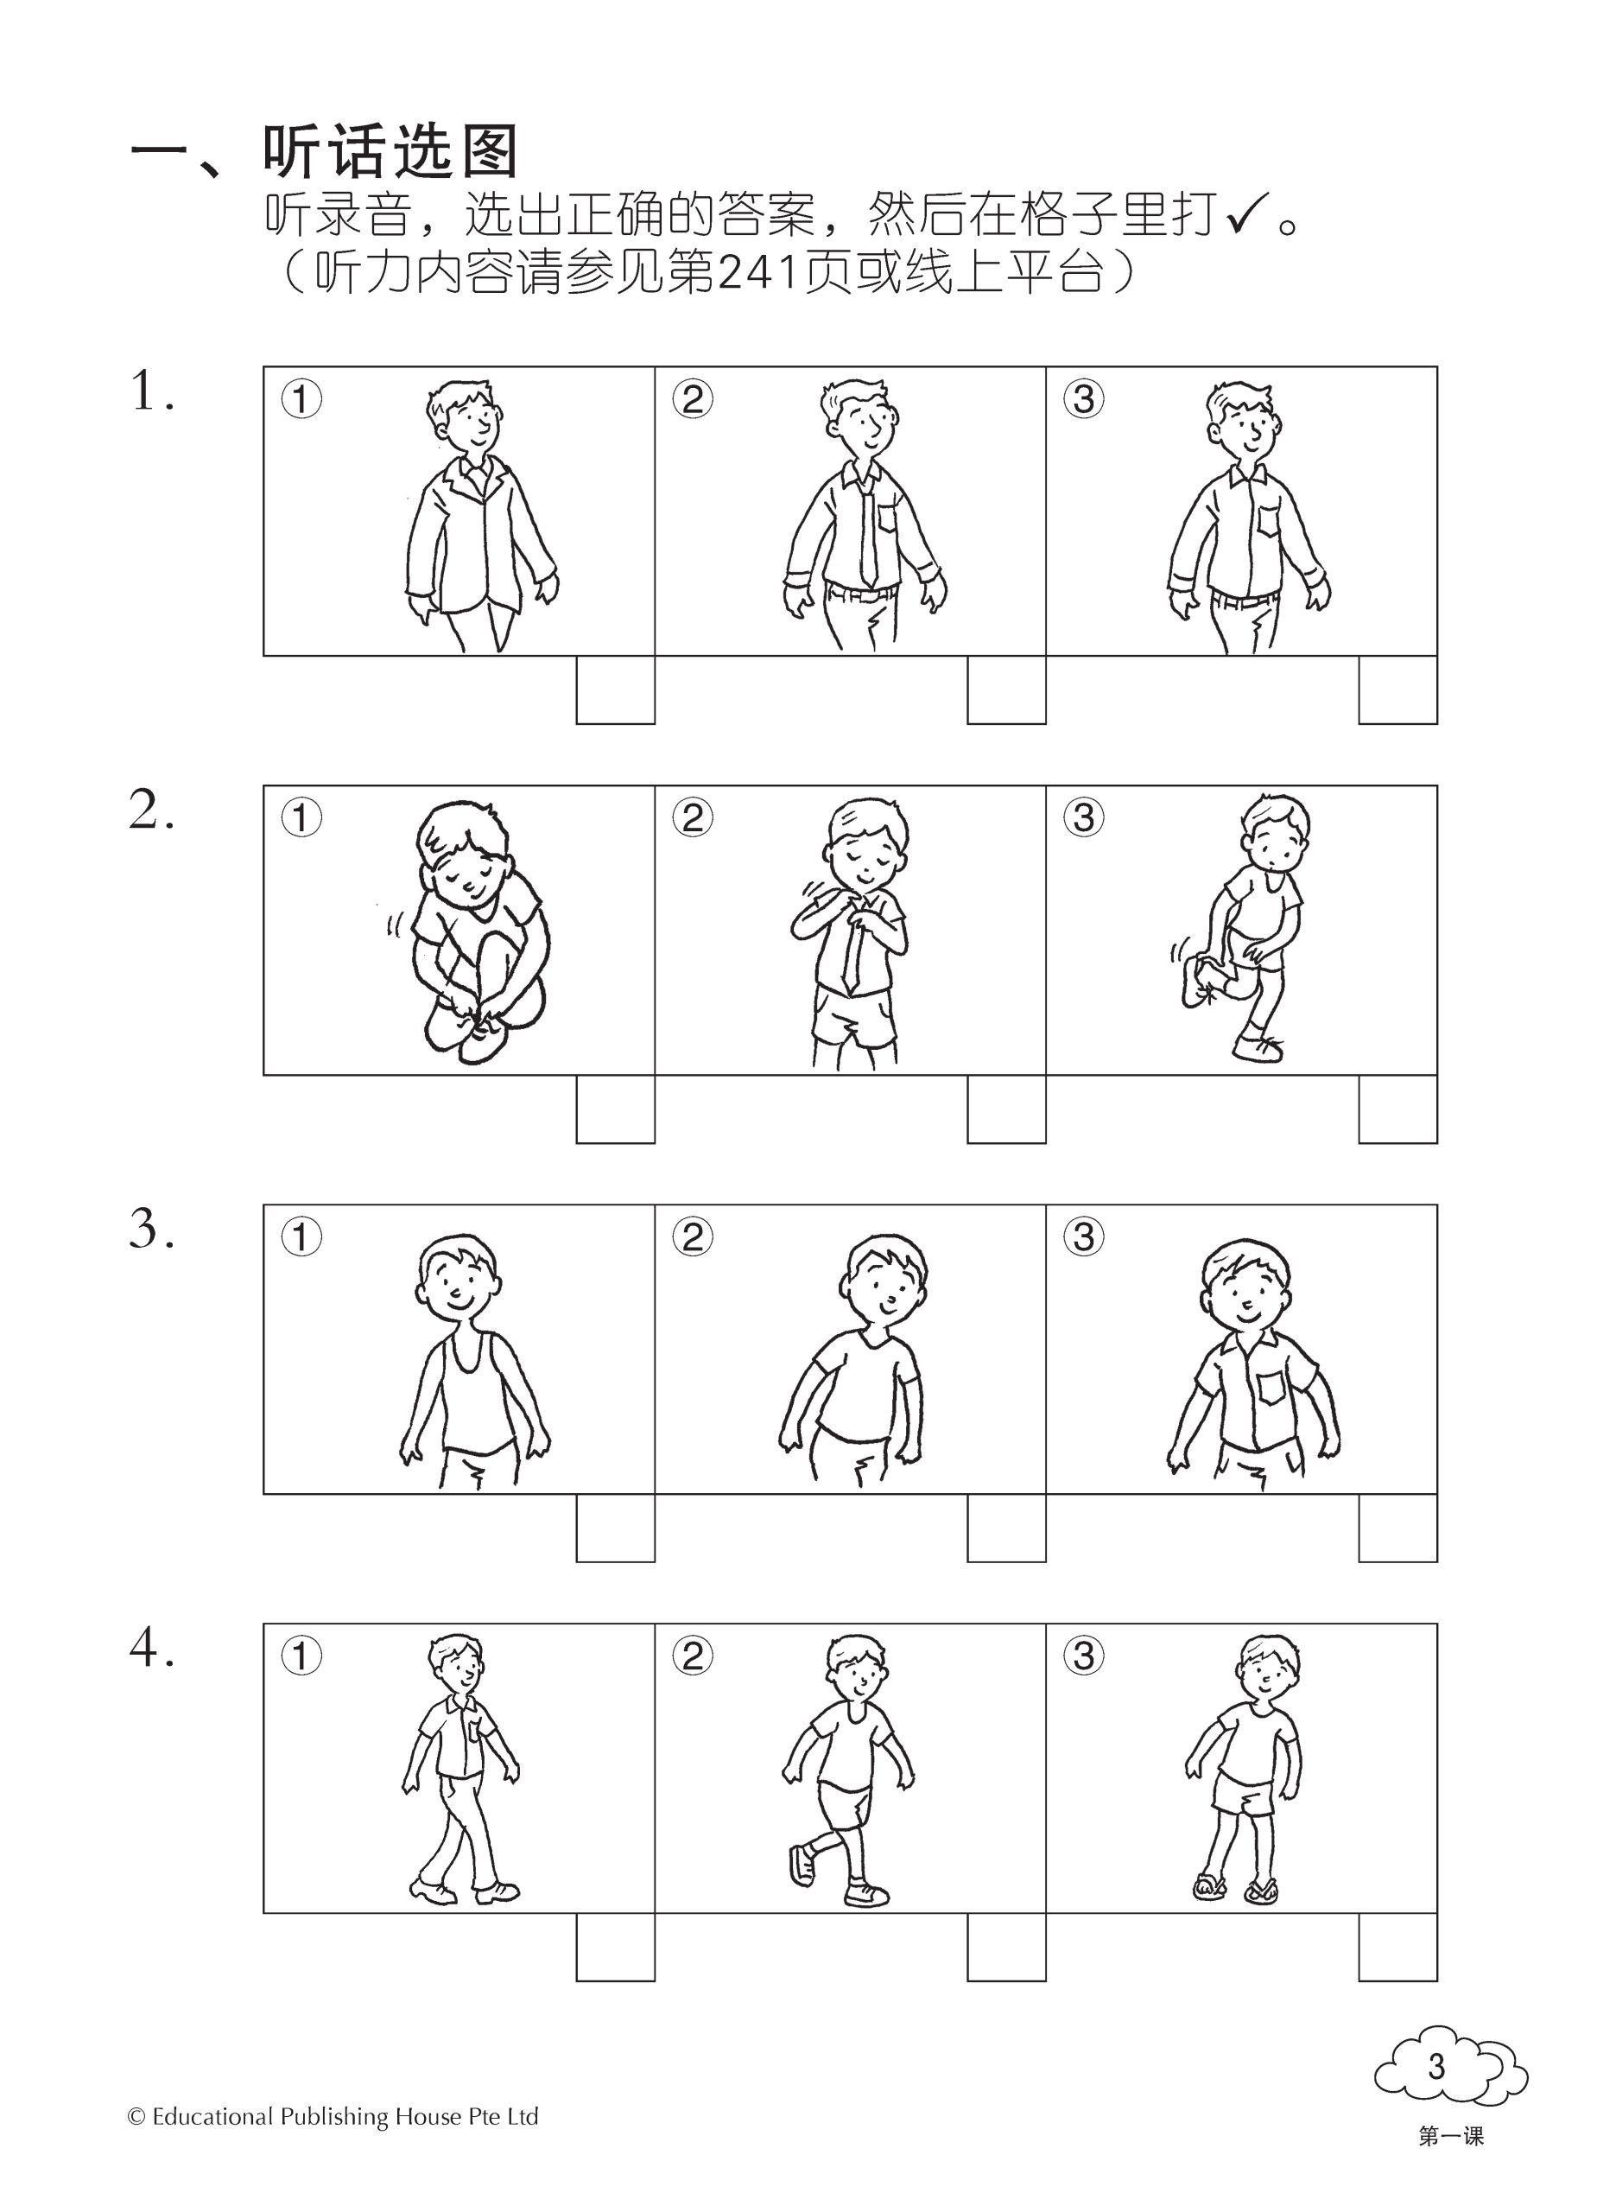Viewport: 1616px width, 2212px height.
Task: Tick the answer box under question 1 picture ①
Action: pos(615,690)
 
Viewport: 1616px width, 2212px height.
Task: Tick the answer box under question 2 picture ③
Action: pos(1397,1109)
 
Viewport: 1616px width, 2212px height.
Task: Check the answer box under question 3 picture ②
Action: pos(1006,1527)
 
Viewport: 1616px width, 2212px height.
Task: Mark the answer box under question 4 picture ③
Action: pos(1397,1946)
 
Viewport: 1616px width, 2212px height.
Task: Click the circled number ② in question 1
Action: pos(693,399)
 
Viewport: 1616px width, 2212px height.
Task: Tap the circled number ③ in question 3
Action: pos(1084,1236)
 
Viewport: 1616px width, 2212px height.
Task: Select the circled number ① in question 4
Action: pos(301,1656)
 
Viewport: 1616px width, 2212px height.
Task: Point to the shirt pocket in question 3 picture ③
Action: pos(1271,1389)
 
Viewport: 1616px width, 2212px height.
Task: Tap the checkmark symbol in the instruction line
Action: pos(1247,214)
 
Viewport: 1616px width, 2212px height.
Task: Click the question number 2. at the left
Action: pos(153,811)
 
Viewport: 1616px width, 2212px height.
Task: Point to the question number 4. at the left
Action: pos(153,1649)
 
